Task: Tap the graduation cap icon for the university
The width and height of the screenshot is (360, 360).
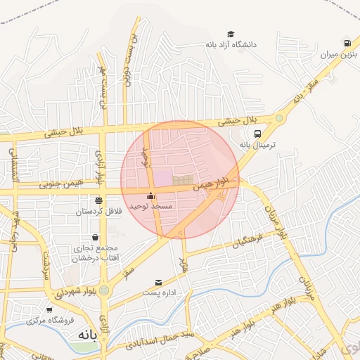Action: click(231, 34)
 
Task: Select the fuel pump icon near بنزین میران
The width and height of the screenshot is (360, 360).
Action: click(347, 43)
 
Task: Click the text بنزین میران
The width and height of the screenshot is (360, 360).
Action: click(335, 54)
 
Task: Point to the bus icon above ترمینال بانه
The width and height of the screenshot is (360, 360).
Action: click(258, 134)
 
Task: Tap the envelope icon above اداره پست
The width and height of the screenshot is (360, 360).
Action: click(158, 282)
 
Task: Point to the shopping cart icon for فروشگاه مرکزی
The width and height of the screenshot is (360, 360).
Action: click(49, 310)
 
